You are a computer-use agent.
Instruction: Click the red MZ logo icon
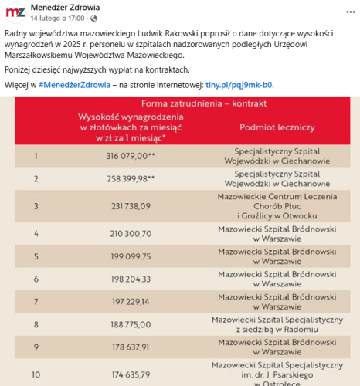pyautogui.click(x=14, y=13)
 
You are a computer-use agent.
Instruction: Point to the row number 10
pyautogui.click(x=36, y=374)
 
